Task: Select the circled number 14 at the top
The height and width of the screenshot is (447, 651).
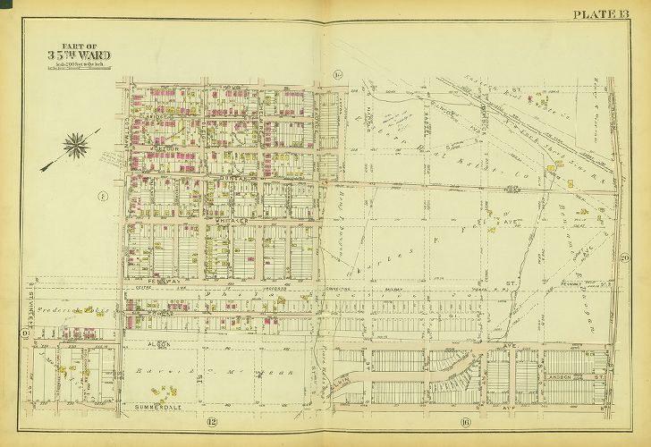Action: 338,73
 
